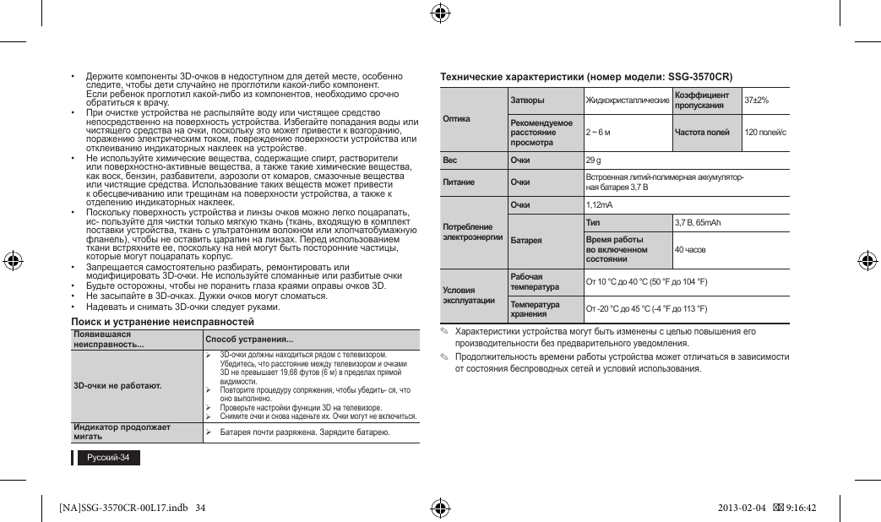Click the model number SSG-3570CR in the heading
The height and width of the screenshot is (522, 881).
(699, 77)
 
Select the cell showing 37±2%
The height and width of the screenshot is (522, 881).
(756, 101)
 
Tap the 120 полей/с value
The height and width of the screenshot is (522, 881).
(764, 133)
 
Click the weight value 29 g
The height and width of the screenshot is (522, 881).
(593, 160)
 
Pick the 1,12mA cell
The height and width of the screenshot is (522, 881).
(599, 205)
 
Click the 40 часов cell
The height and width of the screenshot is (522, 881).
(690, 250)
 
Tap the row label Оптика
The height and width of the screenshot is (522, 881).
(456, 118)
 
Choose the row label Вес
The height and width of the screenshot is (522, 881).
(450, 160)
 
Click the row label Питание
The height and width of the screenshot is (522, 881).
(459, 182)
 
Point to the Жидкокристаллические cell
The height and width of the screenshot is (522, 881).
(628, 101)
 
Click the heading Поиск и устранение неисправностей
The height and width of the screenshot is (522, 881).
(162, 323)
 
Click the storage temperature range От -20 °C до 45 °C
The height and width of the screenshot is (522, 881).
(646, 308)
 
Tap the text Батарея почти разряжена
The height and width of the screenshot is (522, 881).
(271, 432)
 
